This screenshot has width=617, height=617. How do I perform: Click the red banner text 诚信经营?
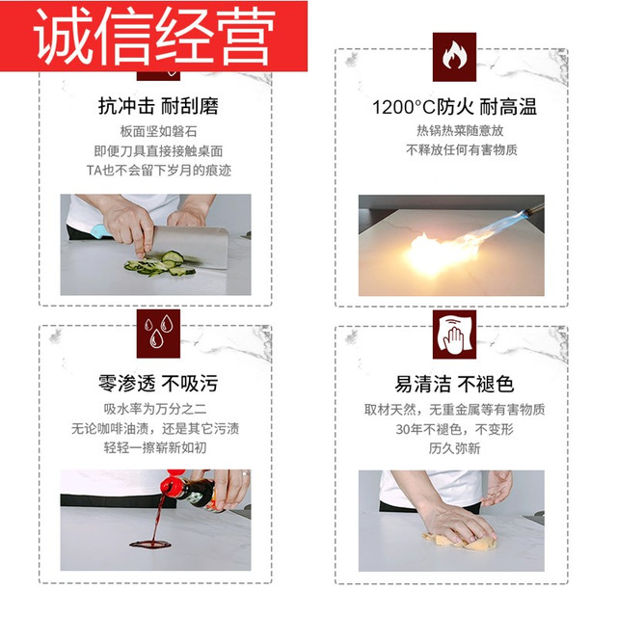[x=154, y=37]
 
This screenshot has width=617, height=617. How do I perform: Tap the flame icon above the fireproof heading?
[x=454, y=57]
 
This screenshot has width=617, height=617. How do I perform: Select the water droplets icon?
[x=158, y=334]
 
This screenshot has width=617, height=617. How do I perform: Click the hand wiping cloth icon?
[x=454, y=335]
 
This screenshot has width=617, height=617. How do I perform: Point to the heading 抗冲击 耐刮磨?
[x=158, y=106]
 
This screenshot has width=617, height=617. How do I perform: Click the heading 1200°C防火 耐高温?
[x=454, y=107]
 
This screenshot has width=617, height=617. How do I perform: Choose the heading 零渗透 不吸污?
[x=158, y=384]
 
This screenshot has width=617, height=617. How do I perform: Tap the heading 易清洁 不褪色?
[x=454, y=384]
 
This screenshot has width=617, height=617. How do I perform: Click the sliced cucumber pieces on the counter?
[x=159, y=263]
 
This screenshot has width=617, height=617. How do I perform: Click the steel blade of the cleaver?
[x=191, y=247]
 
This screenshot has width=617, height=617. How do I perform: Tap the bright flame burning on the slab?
[x=441, y=252]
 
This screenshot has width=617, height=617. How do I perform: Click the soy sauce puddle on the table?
[x=150, y=544]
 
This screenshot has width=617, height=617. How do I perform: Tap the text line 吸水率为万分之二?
[x=155, y=409]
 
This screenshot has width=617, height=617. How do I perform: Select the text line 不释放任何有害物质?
[x=461, y=150]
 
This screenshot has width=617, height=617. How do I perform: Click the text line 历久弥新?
[x=454, y=448]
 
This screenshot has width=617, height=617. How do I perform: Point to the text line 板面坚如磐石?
[x=158, y=131]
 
